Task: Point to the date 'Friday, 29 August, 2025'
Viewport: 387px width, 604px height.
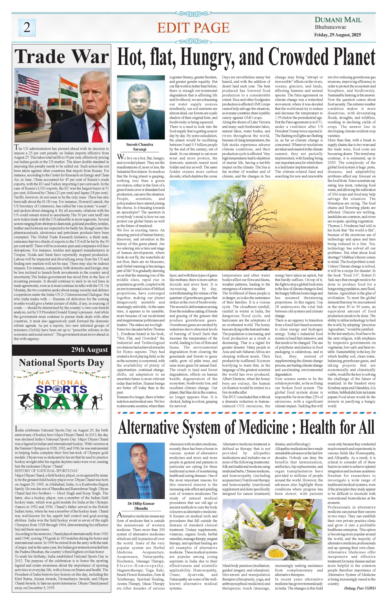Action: pyautogui.click(x=338, y=35)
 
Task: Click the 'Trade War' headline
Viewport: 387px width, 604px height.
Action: pyautogui.click(x=62, y=57)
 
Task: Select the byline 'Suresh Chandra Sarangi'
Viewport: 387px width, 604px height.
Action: pyautogui.click(x=140, y=147)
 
